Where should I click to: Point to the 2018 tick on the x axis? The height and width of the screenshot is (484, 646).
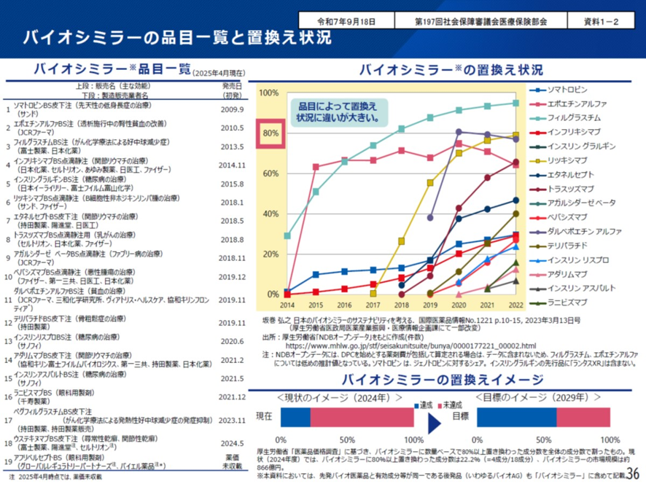coord(401,307)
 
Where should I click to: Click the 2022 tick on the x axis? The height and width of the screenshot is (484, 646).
coord(515,307)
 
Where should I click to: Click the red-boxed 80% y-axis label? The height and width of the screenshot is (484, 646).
coord(270,133)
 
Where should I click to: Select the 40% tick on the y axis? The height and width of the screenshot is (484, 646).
coord(270,214)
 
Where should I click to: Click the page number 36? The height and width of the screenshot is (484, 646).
coord(631,474)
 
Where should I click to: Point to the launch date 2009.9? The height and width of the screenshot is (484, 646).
coord(231,109)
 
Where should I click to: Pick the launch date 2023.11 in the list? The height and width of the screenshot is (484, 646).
coord(231,420)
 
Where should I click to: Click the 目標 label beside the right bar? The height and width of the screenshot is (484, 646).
coord(460,416)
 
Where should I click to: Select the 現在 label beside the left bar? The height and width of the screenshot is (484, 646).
coord(264,416)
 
